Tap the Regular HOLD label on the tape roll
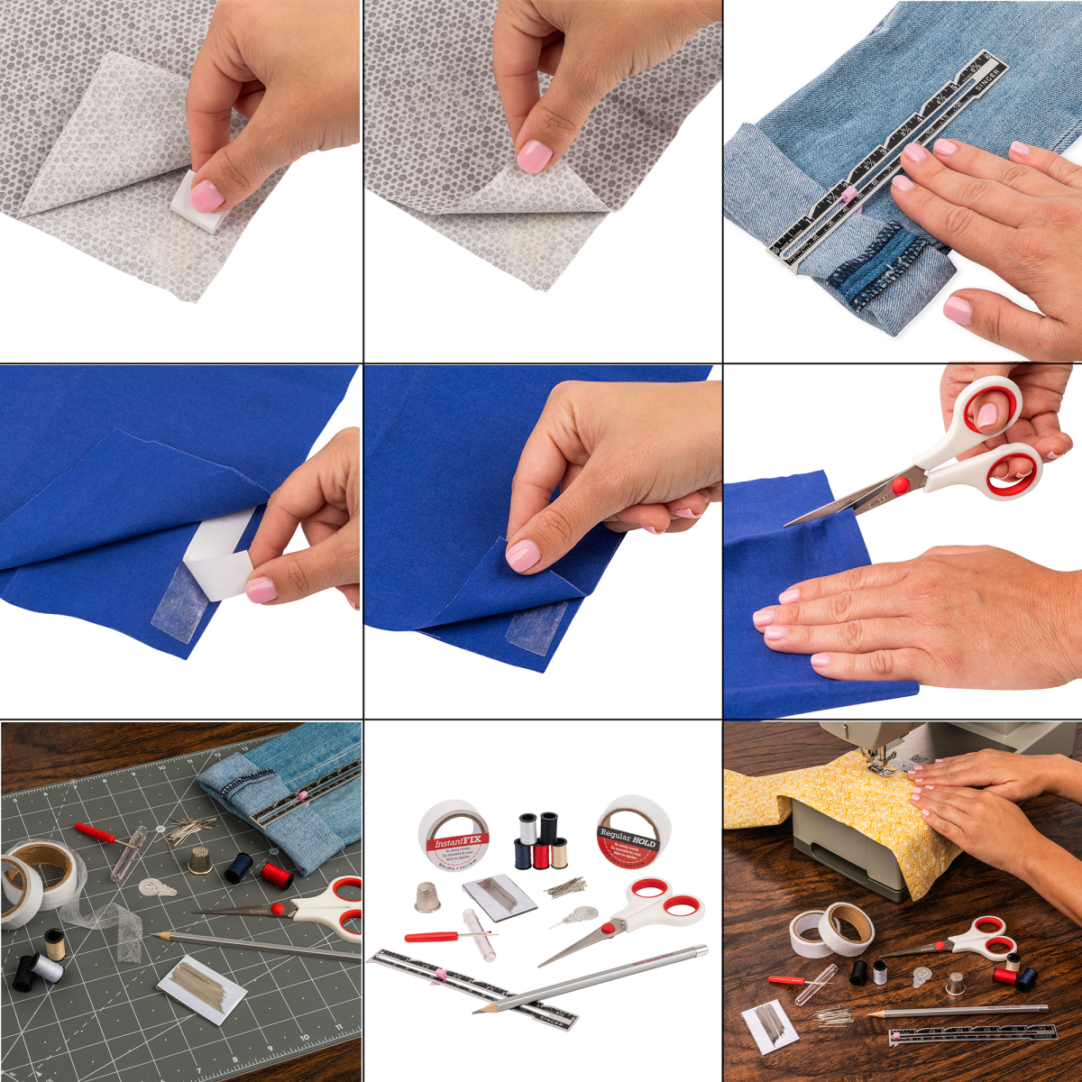pyautogui.click(x=628, y=839)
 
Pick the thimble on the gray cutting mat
pyautogui.click(x=199, y=860)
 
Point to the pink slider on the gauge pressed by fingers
pyautogui.click(x=848, y=196)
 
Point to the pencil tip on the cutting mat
pyautogui.click(x=157, y=936)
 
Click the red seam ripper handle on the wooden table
pyautogui.click(x=780, y=979)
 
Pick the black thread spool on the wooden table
pyautogui.click(x=857, y=972)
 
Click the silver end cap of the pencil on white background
pyautogui.click(x=700, y=949)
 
